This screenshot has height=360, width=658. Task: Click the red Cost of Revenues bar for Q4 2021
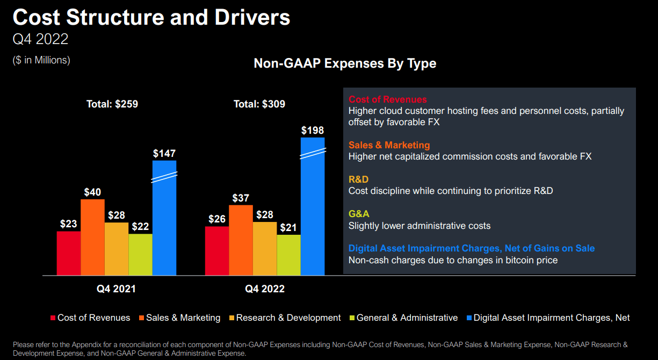[x=69, y=253]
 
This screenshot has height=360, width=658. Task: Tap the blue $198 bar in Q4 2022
[x=313, y=215]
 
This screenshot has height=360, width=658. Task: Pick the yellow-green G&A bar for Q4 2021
[x=140, y=254]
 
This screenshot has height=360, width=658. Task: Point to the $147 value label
[x=164, y=154]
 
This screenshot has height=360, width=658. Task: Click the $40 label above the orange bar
[x=92, y=192]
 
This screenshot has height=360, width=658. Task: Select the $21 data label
[x=288, y=228]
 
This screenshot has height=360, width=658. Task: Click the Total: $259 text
[x=112, y=104]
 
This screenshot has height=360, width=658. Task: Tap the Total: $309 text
[x=259, y=104]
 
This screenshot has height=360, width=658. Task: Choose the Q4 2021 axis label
[x=116, y=289]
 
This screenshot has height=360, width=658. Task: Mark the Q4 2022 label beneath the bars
[x=265, y=289]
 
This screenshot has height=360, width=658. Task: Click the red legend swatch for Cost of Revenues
[x=53, y=318]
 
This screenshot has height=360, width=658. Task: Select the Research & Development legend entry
[x=288, y=318]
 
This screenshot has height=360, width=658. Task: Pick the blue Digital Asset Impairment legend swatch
[x=469, y=318]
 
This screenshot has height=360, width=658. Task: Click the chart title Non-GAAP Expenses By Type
[x=345, y=63]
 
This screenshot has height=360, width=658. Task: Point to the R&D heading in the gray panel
[x=359, y=179]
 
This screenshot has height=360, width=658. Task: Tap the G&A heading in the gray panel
[x=359, y=214]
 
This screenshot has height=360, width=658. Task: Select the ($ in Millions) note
[x=41, y=60]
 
